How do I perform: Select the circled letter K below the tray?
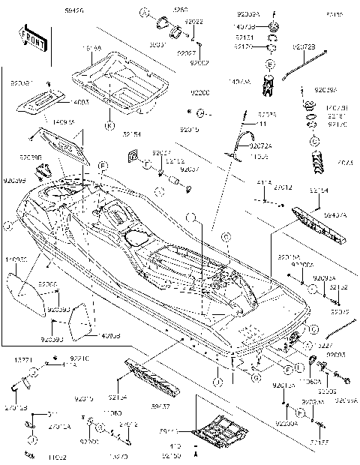pyautogui.click(x=109, y=124)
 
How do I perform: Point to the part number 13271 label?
pyautogui.click(x=20, y=360)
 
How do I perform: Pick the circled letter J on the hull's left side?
pyautogui.click(x=6, y=224)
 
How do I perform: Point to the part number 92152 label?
pyautogui.click(x=338, y=286)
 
